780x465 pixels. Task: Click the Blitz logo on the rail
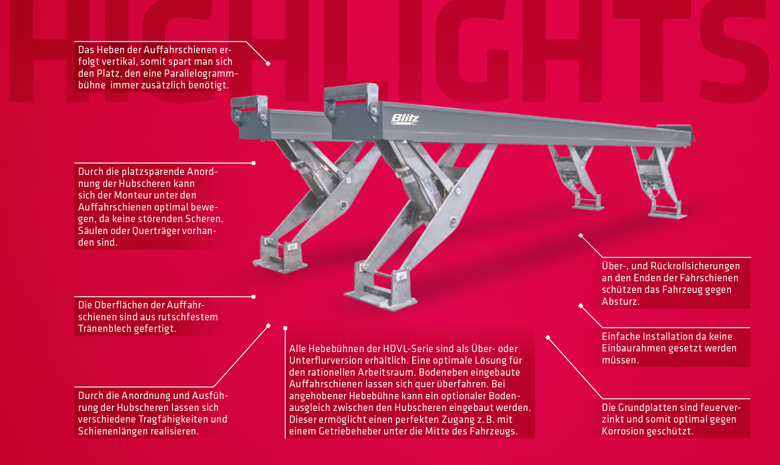point(405,119)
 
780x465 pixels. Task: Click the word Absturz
point(620,301)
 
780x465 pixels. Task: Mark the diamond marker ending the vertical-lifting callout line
point(268,64)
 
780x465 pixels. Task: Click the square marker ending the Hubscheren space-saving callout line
point(253,163)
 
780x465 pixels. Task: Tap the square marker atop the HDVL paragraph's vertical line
point(285,328)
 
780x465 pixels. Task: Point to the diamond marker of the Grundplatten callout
point(548,338)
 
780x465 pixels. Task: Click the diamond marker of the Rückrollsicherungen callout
point(581,235)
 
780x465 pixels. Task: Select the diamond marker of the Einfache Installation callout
point(581,306)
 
